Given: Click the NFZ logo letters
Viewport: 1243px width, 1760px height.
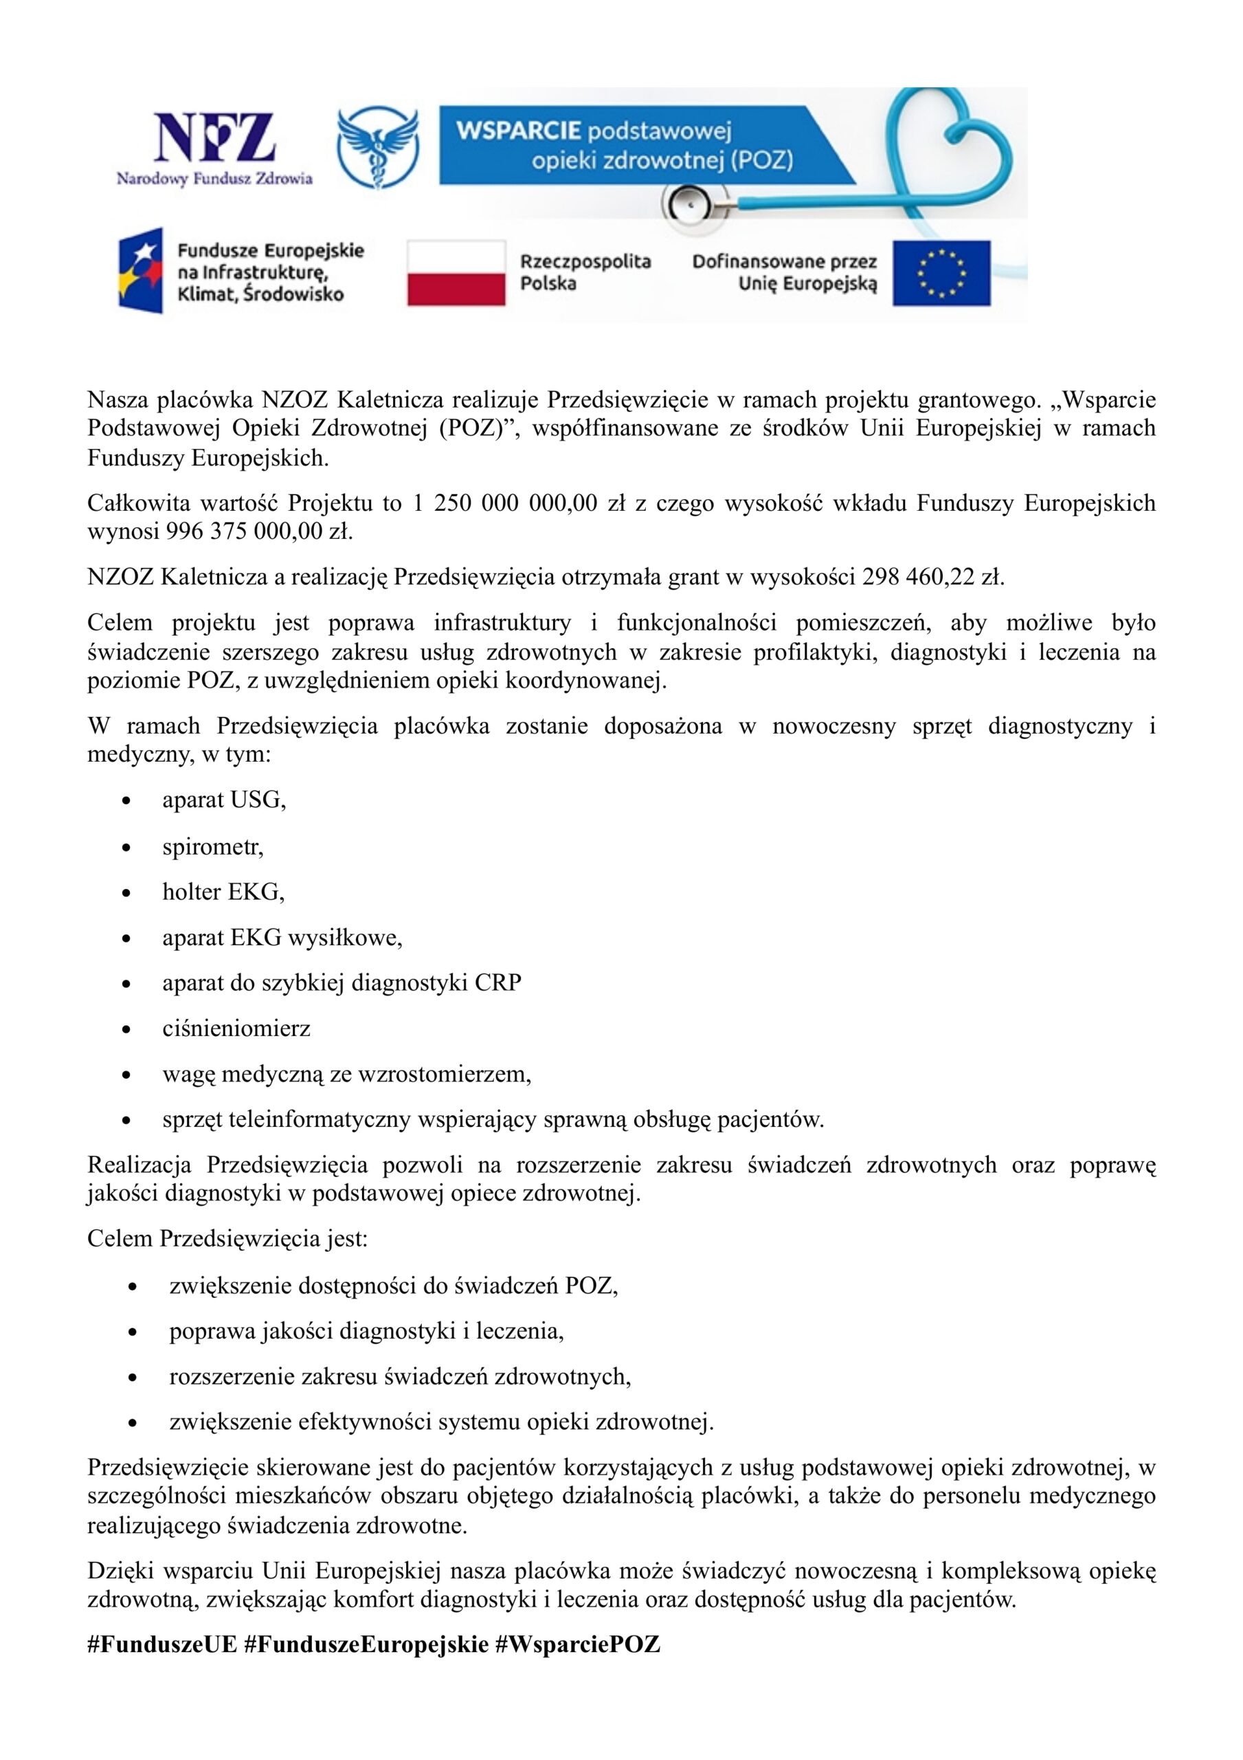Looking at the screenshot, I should pos(214,138).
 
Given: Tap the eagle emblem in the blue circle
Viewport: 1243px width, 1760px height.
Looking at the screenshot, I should pos(378,147).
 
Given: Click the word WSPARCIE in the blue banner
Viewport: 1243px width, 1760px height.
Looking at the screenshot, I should pos(518,131).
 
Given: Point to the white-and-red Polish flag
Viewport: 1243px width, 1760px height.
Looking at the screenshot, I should pos(456,273).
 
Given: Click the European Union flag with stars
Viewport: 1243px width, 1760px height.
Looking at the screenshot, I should pos(941,273).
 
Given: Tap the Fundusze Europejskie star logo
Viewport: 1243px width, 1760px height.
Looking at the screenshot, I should pos(141,269).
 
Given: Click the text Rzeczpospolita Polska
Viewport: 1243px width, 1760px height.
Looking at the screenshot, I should pos(585,272).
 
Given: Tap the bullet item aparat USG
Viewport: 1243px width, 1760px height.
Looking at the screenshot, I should pos(224,800).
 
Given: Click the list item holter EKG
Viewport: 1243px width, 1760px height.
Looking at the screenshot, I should pos(223,892).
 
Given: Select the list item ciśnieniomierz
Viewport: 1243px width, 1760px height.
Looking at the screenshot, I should pos(236,1028).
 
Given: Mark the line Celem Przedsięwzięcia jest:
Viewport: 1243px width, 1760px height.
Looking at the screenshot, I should pos(227,1238).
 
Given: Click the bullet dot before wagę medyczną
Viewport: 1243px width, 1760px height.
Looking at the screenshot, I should pos(126,1075).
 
